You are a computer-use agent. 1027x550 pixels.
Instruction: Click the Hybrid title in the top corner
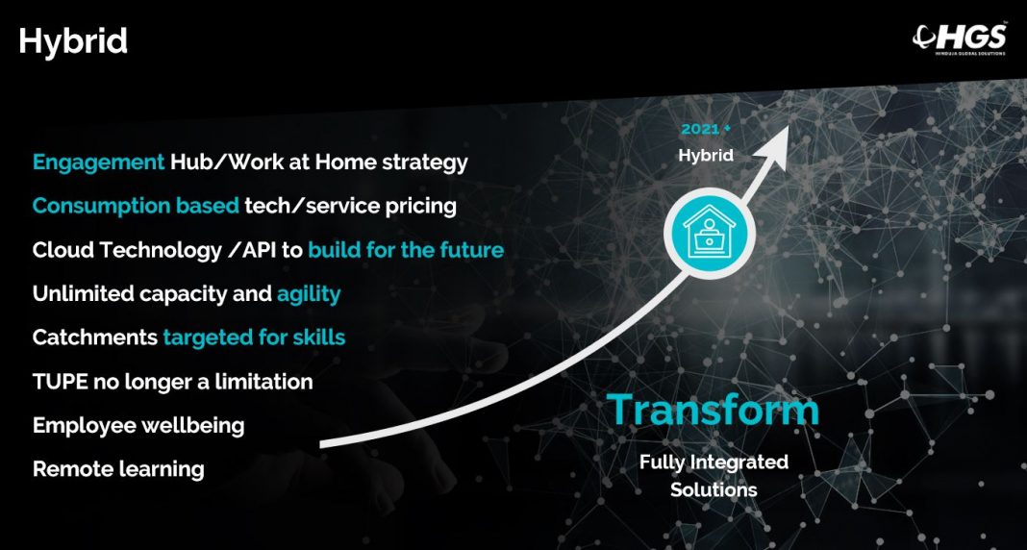coord(73,42)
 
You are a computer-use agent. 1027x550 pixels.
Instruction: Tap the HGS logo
coord(959,38)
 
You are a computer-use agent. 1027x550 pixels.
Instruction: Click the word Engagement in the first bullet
coord(98,162)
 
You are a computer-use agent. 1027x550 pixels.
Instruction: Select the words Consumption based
coord(136,206)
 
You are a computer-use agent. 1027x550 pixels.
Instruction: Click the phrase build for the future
coord(406,250)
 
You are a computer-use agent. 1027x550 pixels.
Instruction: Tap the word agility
coord(309,294)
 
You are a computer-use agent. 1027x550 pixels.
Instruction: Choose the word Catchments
coord(95,337)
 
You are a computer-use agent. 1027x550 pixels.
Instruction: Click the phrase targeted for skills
coord(254,337)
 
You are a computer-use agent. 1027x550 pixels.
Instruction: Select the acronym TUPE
coord(61,382)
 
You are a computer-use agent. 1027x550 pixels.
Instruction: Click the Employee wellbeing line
coord(138,426)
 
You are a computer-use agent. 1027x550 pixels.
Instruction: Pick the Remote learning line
coord(118,469)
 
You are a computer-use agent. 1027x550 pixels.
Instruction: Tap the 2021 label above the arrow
coord(700,129)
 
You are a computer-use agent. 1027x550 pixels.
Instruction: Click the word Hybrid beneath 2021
coord(706,156)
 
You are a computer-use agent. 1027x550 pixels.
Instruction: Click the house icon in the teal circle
coord(710,233)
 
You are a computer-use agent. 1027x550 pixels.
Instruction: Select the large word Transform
coord(714,410)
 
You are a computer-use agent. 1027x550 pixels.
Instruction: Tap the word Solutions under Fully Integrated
coord(714,489)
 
